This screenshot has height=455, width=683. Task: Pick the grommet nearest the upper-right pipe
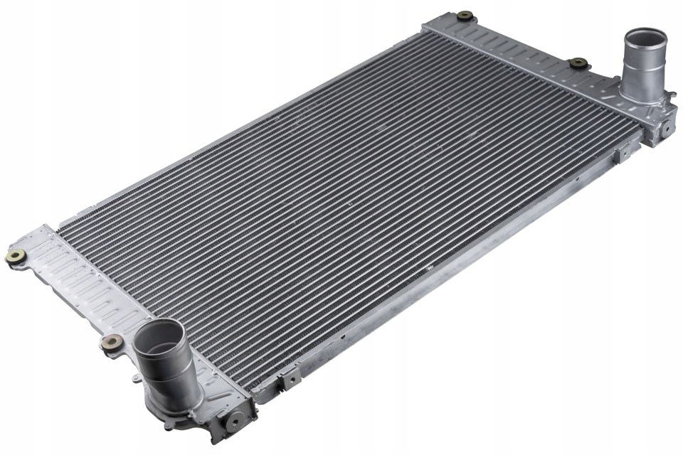578,63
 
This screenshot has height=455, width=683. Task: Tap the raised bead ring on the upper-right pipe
643,63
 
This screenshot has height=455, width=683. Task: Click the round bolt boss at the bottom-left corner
233,420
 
